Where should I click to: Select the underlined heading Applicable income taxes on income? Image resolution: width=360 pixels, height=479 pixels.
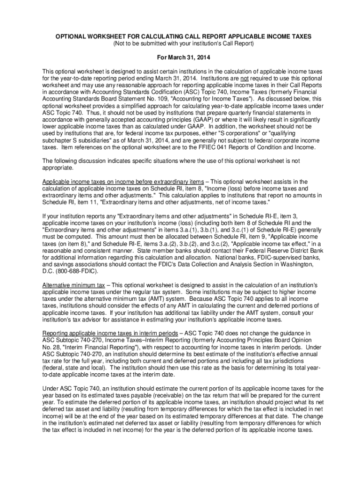(x=123, y=181)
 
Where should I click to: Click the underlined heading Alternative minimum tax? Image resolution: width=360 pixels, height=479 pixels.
(x=74, y=285)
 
